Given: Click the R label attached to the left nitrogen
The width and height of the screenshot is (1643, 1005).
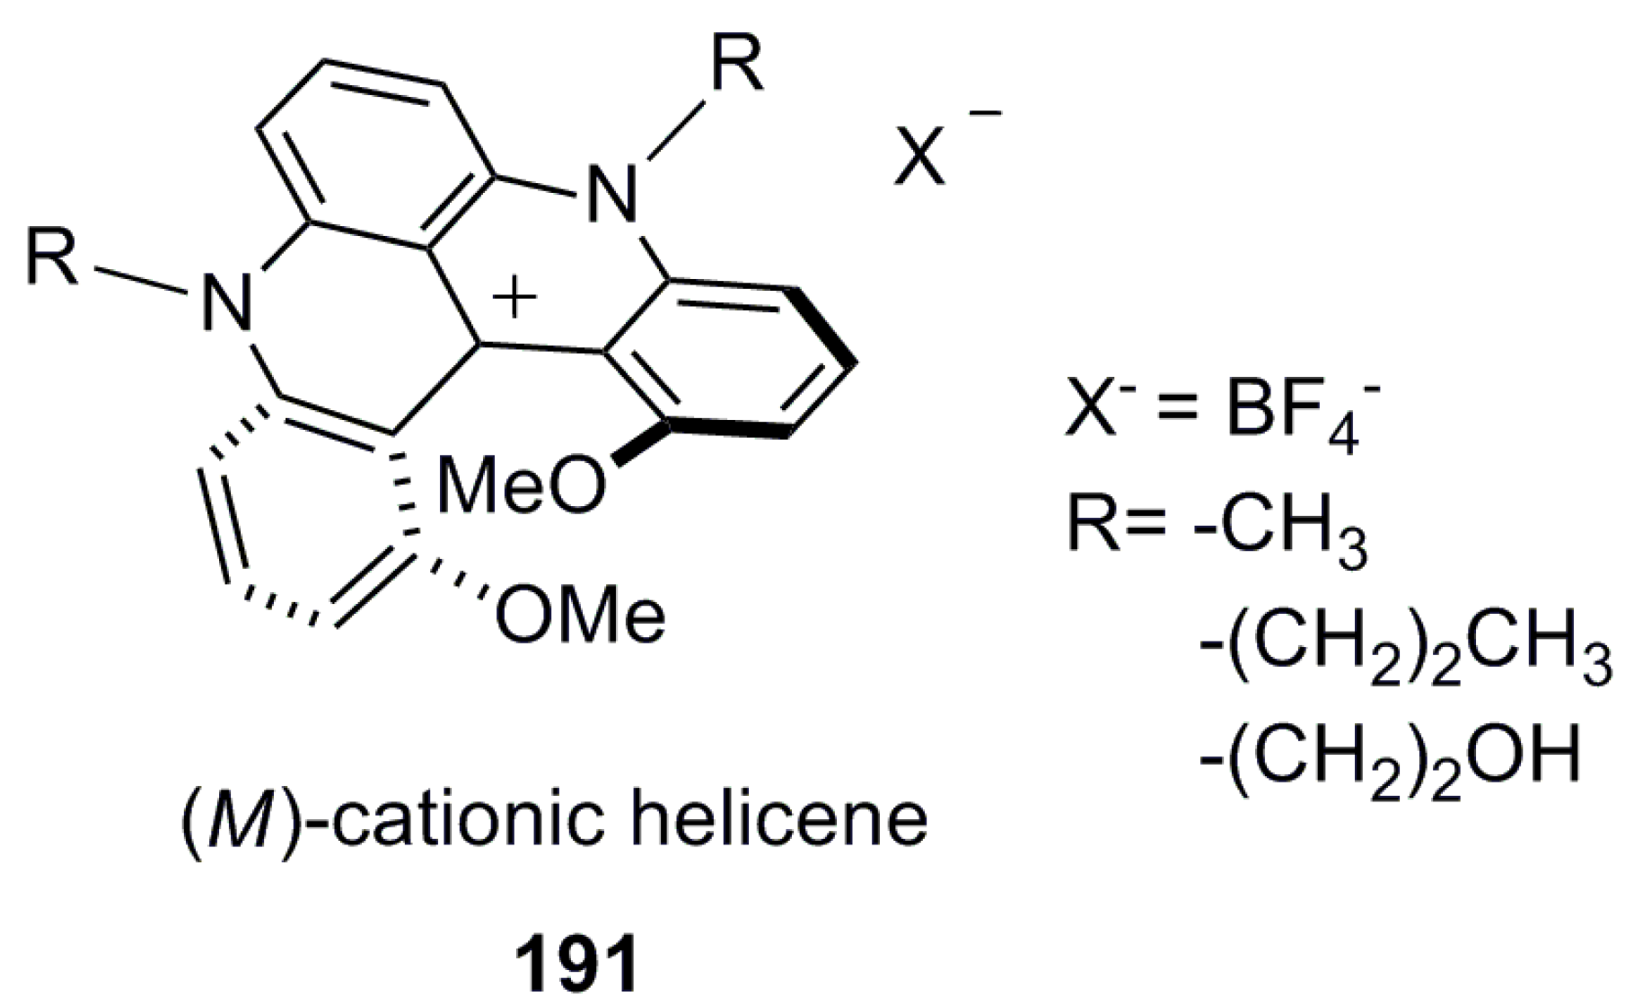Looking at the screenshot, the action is pos(51,258).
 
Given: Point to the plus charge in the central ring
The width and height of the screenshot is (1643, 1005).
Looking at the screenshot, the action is pos(514,297).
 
